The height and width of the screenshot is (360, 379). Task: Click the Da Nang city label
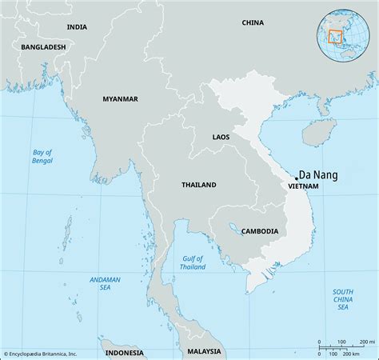click(319, 172)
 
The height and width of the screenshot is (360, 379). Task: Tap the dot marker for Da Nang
click(296, 178)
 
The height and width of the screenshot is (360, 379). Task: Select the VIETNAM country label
click(303, 186)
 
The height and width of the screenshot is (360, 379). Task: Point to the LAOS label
click(221, 137)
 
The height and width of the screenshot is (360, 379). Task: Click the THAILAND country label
click(198, 185)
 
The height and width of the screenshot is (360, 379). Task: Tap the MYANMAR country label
click(120, 98)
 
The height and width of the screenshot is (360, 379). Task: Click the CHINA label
click(252, 22)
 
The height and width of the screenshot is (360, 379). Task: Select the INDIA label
click(77, 26)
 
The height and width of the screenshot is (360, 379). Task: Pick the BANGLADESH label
click(44, 47)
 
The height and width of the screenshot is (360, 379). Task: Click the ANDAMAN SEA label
click(105, 283)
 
